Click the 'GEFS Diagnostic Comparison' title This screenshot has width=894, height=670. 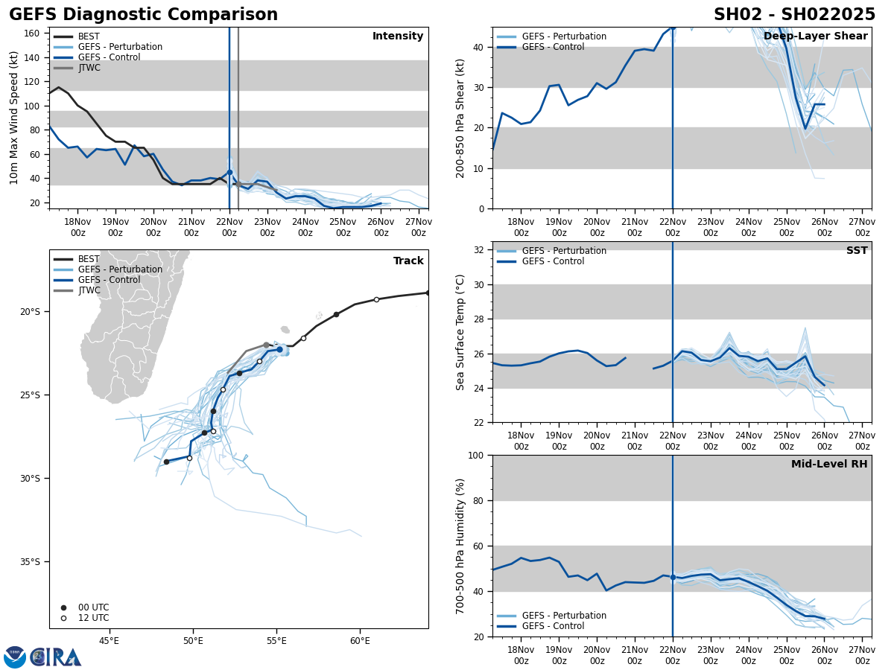(x=143, y=15)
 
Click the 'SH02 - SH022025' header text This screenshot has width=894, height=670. (x=794, y=15)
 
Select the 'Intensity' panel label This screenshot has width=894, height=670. (x=398, y=36)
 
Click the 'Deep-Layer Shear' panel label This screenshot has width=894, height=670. (x=815, y=36)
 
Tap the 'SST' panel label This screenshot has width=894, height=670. (x=857, y=251)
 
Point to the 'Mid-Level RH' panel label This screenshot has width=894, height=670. (x=829, y=465)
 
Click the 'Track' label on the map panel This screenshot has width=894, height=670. (x=408, y=261)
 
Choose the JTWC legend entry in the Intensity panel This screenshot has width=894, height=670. (x=89, y=68)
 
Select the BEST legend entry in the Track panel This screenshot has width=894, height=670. (x=89, y=260)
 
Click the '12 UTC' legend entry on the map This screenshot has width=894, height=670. (x=93, y=618)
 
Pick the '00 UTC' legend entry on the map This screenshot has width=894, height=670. (x=93, y=607)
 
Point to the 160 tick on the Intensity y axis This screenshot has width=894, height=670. (x=32, y=33)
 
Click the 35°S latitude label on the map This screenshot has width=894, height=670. (x=30, y=562)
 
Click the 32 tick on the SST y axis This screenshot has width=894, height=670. (x=480, y=250)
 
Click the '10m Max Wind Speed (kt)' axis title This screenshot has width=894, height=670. (x=14, y=118)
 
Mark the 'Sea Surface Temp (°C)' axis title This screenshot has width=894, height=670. (x=460, y=332)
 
